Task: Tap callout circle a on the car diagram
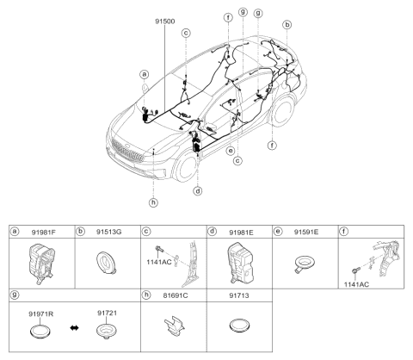coord(145,75)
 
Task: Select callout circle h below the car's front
coord(153,202)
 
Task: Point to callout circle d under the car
coord(199,190)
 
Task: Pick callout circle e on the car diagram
coord(230,148)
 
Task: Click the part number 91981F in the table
coord(45,233)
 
